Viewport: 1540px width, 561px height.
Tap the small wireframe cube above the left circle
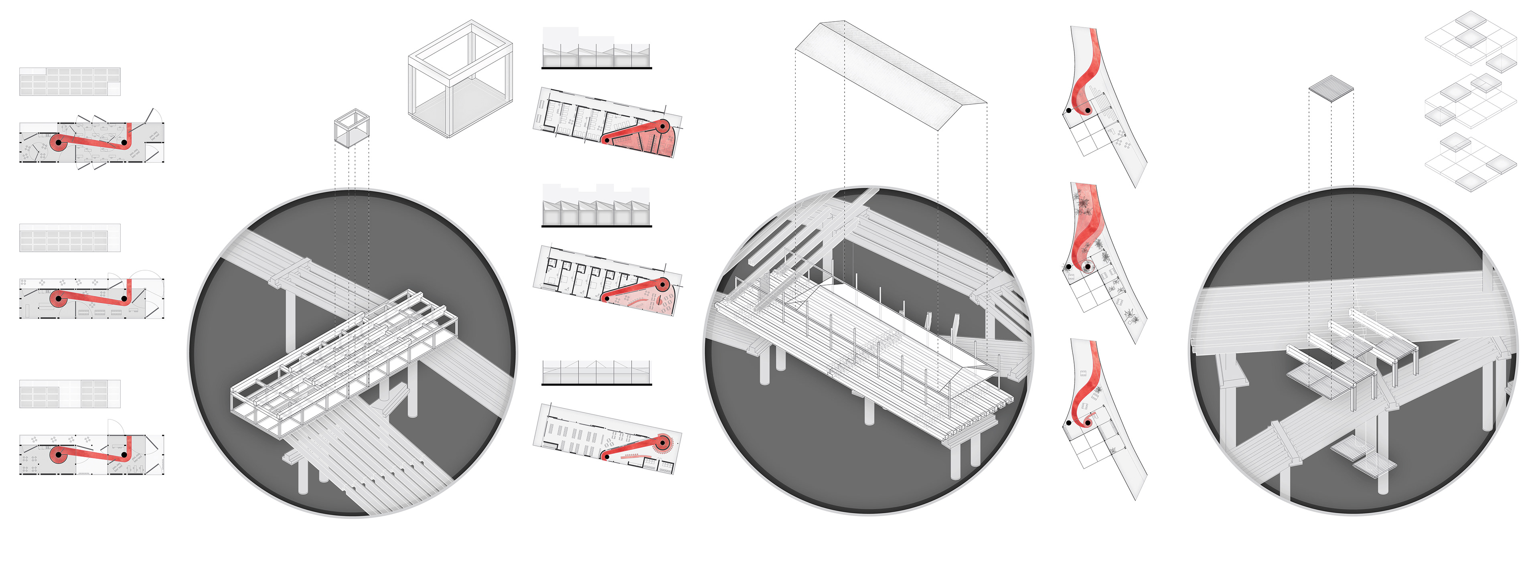[x=352, y=128]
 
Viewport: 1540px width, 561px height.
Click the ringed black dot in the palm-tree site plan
[x=1088, y=267]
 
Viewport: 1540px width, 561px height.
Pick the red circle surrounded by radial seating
[x=663, y=444]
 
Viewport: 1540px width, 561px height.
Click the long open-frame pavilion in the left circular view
[x=344, y=359]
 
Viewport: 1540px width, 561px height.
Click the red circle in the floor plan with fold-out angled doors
[x=58, y=142]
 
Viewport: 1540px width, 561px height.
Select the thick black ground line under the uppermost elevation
[x=596, y=68]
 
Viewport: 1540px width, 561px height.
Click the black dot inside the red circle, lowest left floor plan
[x=58, y=455]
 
